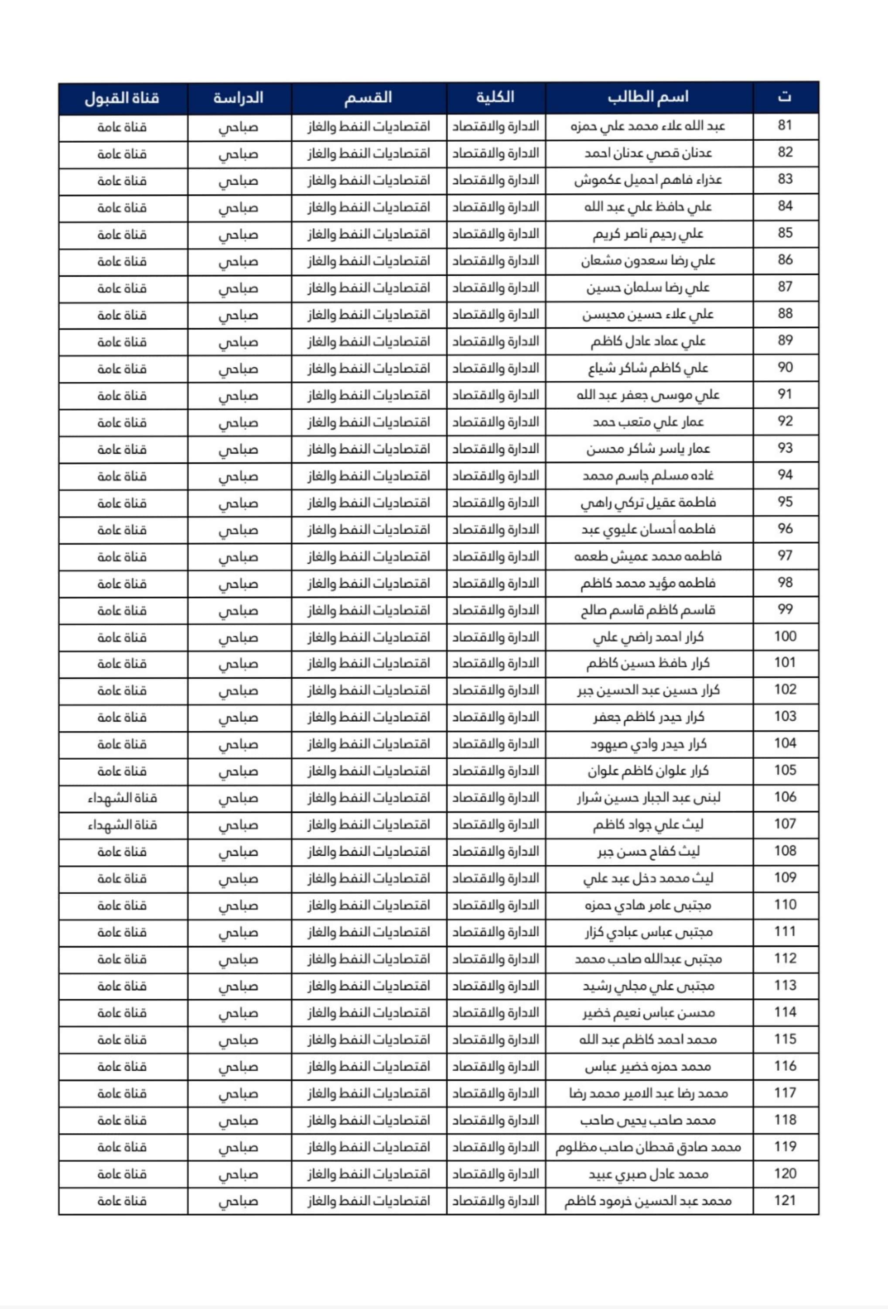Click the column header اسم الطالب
pos(648,97)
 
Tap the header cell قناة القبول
pos(122,98)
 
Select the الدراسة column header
pos(239,98)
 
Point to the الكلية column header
pos(495,97)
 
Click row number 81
pos(785,126)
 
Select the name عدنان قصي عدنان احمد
pos(648,153)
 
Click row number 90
pos(785,368)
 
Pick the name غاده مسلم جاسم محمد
pos(648,476)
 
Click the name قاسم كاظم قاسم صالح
pos(648,610)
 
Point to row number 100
pos(785,637)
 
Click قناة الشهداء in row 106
pos(122,798)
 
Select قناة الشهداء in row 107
pos(122,825)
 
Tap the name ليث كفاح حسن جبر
pos(648,852)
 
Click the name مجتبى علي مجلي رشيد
pos(648,986)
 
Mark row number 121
pos(785,1201)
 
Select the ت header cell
pos(785,97)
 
